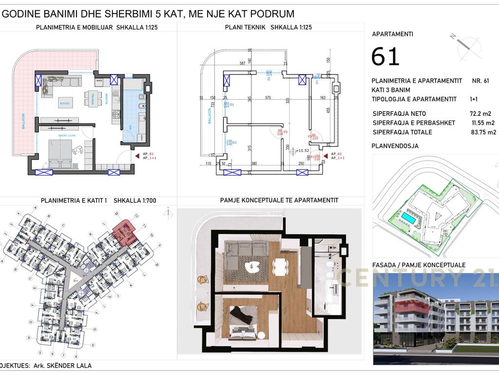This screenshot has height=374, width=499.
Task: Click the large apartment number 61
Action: (x=385, y=56)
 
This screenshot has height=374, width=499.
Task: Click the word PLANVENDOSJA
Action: (x=395, y=146)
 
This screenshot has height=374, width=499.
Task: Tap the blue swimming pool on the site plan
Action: (x=408, y=219)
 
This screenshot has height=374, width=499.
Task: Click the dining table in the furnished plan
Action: (x=91, y=98)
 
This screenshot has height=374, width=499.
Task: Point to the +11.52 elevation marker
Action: (x=302, y=151)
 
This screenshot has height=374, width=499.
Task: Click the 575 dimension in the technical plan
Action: (x=268, y=98)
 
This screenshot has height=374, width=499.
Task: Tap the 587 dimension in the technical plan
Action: (x=242, y=64)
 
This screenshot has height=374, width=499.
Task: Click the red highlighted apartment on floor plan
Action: (x=124, y=231)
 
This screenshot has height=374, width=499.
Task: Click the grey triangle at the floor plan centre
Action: (x=76, y=279)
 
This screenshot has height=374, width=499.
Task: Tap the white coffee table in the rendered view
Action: (x=252, y=266)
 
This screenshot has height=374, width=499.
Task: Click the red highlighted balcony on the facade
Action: (x=411, y=305)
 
